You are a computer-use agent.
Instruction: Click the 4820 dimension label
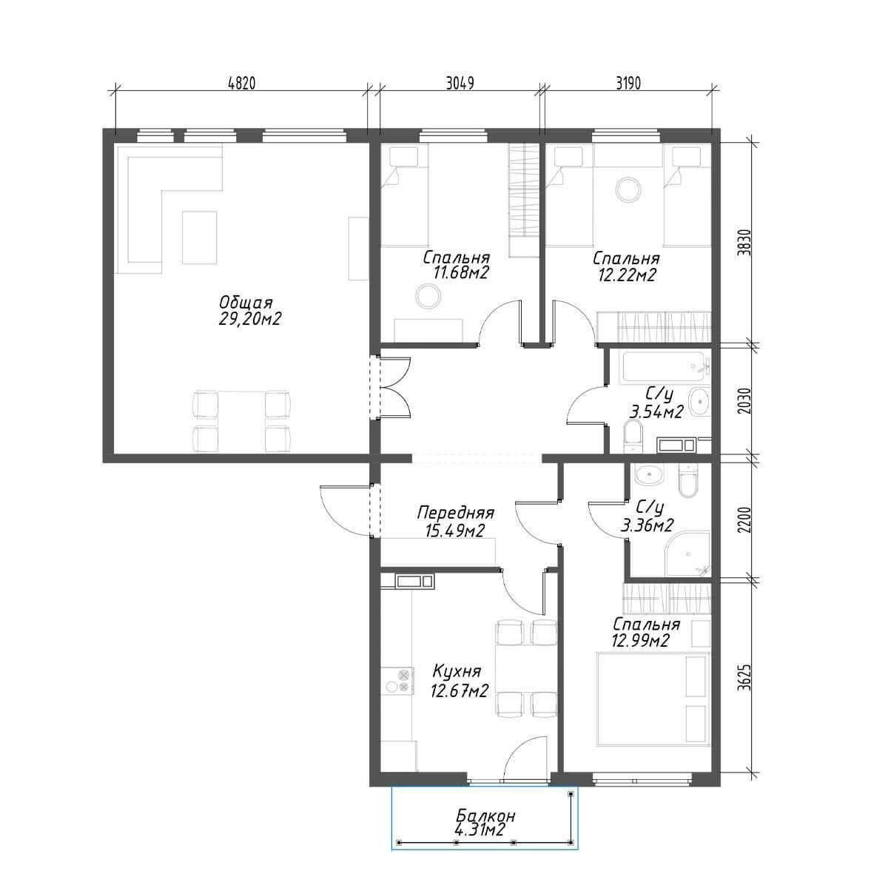[241, 84]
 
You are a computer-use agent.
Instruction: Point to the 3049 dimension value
[460, 84]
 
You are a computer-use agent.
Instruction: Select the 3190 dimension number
[628, 84]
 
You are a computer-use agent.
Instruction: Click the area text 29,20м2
[250, 318]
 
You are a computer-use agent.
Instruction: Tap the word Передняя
[455, 512]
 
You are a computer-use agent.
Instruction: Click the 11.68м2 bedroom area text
[460, 273]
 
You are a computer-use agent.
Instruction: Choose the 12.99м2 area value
[640, 640]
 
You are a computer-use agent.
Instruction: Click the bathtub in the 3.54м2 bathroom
[664, 367]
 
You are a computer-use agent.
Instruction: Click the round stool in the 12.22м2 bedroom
[628, 189]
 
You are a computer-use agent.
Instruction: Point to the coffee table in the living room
[200, 238]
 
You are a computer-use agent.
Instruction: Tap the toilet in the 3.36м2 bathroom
[690, 481]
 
